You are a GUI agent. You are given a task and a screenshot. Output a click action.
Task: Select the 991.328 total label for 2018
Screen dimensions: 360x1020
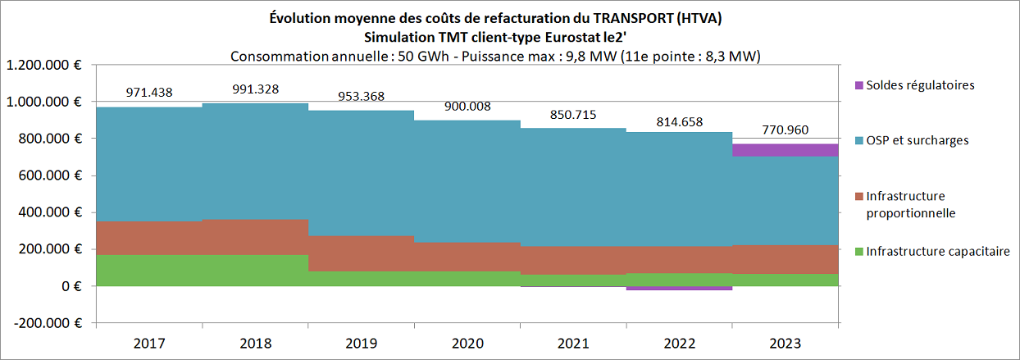point(254,89)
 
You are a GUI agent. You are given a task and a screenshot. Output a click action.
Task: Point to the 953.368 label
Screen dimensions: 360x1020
point(361,96)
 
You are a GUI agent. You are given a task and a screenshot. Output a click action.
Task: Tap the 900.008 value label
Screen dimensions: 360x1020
point(467,106)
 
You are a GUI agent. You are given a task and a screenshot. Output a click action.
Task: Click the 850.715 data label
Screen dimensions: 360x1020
point(572,115)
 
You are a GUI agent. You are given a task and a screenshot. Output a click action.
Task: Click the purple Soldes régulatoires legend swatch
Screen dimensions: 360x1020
point(858,85)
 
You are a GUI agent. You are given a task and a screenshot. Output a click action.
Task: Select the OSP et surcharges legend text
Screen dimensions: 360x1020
point(918,140)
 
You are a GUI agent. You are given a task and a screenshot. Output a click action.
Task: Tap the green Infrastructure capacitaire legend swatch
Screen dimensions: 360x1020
point(858,251)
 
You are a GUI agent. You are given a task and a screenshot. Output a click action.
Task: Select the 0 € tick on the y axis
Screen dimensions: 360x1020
point(76,286)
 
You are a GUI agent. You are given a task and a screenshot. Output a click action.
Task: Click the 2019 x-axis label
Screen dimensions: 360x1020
point(361,344)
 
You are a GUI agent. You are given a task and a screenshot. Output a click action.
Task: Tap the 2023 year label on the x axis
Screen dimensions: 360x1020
point(785,344)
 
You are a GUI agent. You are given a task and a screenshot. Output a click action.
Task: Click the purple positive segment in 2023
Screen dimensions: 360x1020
point(785,150)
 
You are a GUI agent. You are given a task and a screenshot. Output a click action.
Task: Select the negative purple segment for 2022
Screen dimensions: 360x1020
point(679,288)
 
